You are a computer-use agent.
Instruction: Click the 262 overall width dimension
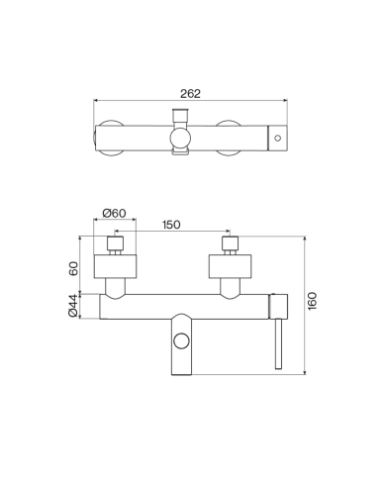pyautogui.click(x=190, y=94)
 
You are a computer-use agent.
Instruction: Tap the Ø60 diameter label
pyautogui.click(x=114, y=213)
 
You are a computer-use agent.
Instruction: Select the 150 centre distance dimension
pyautogui.click(x=171, y=225)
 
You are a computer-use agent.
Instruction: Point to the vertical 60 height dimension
pyautogui.click(x=74, y=268)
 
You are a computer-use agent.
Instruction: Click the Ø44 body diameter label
pyautogui.click(x=73, y=306)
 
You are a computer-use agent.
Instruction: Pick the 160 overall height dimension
pyautogui.click(x=312, y=301)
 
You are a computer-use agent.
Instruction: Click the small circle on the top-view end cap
pyautogui.click(x=278, y=138)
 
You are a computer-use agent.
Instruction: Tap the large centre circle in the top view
pyautogui.click(x=180, y=138)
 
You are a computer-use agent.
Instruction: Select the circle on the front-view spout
pyautogui.click(x=181, y=340)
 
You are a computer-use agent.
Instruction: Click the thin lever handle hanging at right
pyautogui.click(x=279, y=343)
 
